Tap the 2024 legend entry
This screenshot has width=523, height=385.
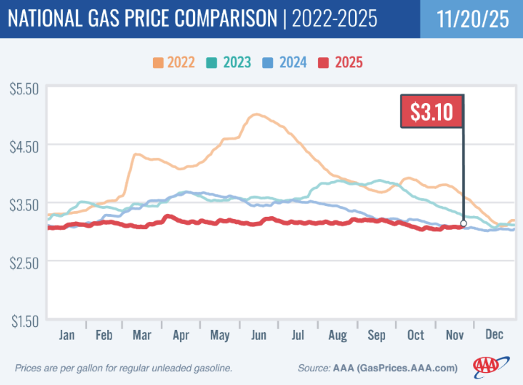pos(289,62)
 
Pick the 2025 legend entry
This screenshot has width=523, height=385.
pos(344,62)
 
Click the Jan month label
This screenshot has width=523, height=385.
pos(67,335)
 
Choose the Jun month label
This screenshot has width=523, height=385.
pos(259,335)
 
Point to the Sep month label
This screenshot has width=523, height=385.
pos(376,335)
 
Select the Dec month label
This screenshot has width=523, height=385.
pos(494,335)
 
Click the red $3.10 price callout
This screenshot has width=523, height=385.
pos(432,112)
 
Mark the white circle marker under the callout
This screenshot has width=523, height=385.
pos(464,223)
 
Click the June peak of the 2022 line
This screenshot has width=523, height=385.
pos(256,114)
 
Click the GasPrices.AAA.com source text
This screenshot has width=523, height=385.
pos(414,368)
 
